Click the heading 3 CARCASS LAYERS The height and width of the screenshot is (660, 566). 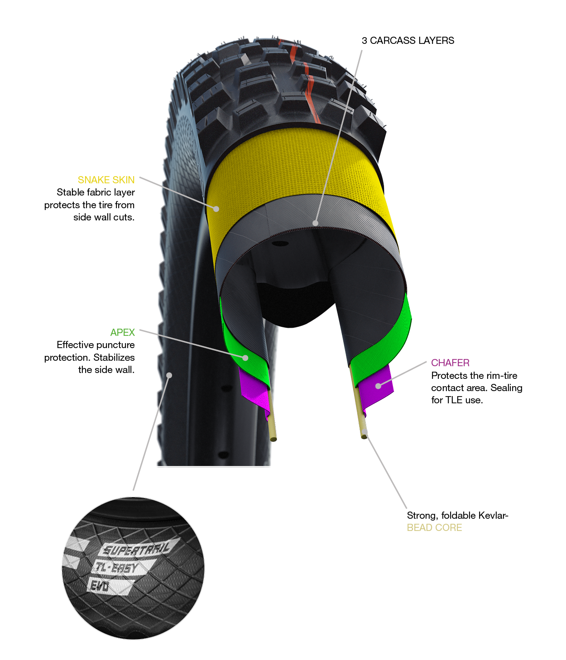point(408,41)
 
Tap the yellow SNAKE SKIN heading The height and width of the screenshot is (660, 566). point(106,180)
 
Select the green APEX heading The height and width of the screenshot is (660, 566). point(122,332)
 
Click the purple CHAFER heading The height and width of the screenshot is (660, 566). point(450,363)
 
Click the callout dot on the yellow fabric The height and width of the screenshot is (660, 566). point(216,209)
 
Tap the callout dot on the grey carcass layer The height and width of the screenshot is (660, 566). point(315,223)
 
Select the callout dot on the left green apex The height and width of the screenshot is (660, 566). point(245,358)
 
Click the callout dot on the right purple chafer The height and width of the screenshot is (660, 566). point(378,386)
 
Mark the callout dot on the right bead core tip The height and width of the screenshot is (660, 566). point(365,433)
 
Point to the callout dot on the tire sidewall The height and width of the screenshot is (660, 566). point(170,375)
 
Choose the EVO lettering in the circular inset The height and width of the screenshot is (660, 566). point(99,586)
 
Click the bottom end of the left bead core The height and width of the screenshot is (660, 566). point(273,440)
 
